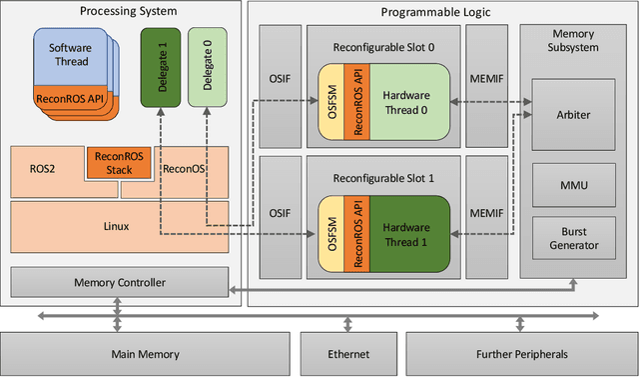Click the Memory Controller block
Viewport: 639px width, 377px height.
(x=120, y=282)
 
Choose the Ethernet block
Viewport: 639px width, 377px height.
(x=347, y=354)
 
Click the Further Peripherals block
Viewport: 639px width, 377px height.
(x=520, y=354)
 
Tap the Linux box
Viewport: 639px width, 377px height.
(x=117, y=226)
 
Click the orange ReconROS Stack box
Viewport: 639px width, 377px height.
(x=119, y=162)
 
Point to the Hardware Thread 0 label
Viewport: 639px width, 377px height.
(x=407, y=103)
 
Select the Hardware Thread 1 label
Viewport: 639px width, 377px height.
(x=407, y=234)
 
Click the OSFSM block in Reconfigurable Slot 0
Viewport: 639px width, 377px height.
(x=330, y=103)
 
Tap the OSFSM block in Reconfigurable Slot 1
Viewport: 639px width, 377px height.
(x=330, y=234)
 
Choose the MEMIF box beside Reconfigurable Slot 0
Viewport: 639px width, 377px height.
(x=485, y=81)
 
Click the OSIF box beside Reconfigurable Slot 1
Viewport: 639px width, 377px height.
(x=279, y=213)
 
